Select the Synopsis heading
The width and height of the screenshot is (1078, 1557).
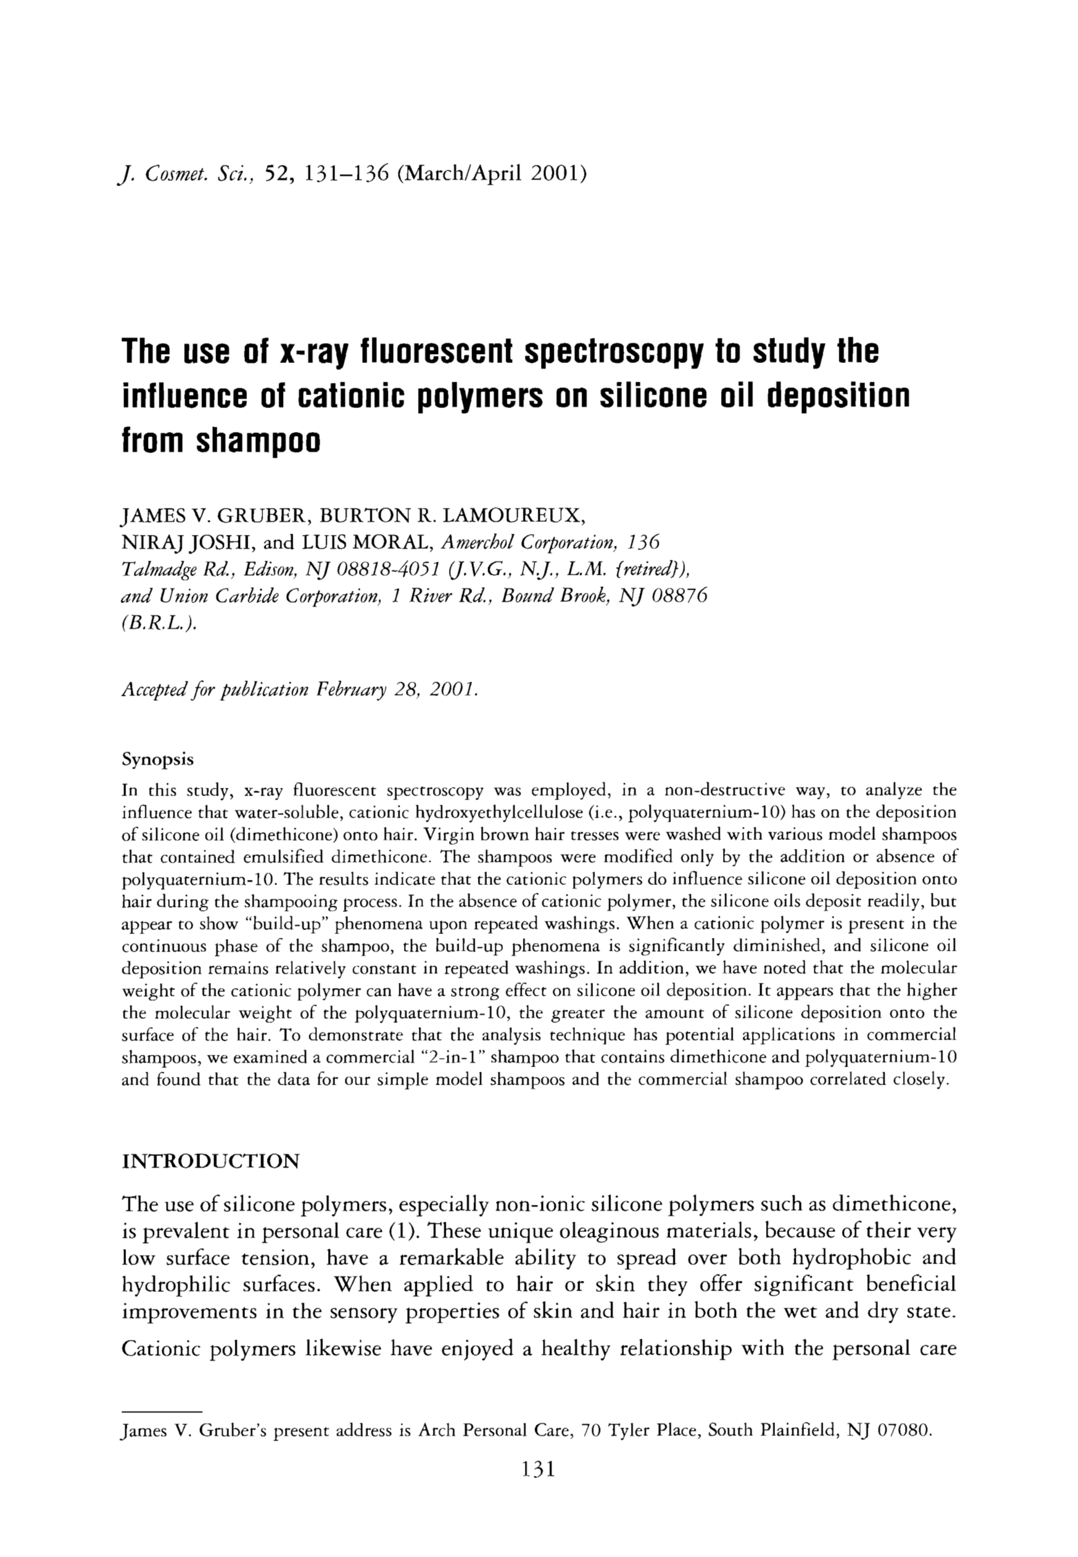(158, 760)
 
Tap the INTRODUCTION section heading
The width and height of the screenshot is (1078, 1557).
(210, 1162)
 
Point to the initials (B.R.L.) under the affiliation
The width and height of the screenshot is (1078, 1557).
(160, 622)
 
